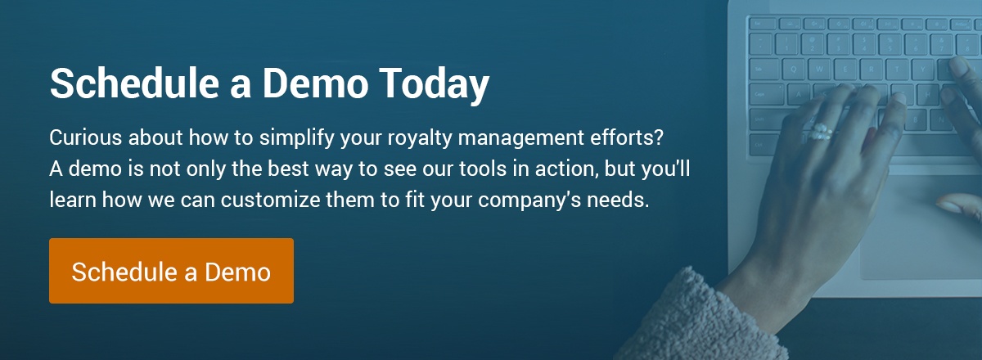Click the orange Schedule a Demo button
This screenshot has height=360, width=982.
(171, 271)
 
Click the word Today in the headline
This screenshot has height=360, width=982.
(434, 84)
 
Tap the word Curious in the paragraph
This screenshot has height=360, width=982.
(85, 137)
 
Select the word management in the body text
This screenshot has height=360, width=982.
(521, 138)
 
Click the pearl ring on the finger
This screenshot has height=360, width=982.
(819, 132)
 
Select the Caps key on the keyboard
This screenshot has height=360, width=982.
(766, 94)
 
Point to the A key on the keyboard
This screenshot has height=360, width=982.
(800, 94)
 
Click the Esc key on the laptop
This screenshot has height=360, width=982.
(759, 23)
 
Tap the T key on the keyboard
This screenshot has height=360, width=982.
(898, 70)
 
